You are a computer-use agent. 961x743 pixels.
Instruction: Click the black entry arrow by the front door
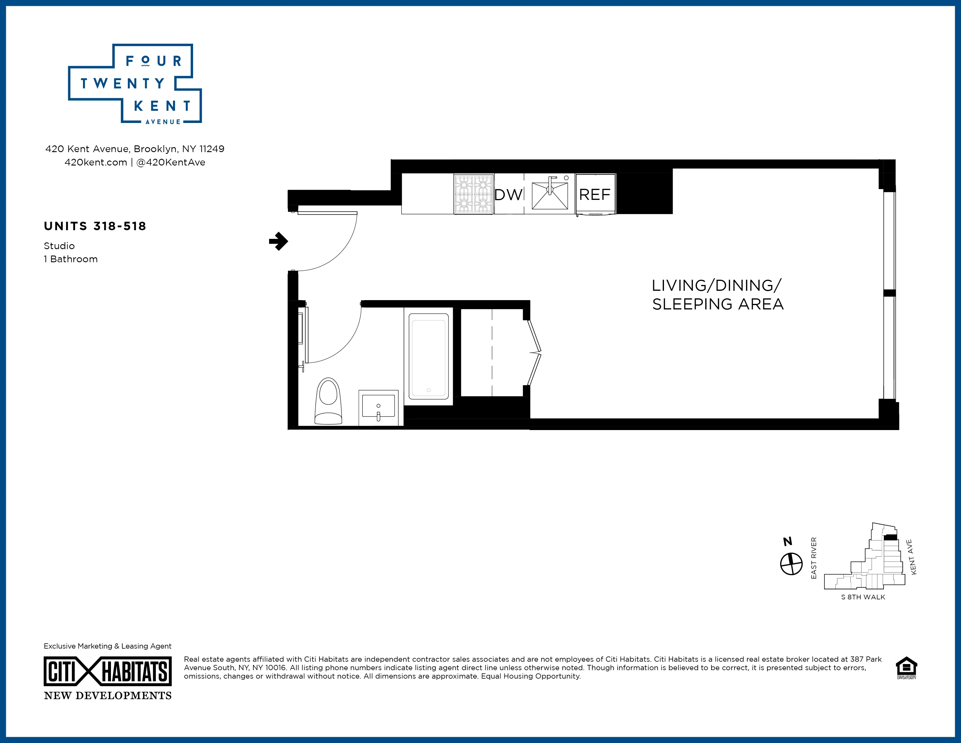[x=278, y=241]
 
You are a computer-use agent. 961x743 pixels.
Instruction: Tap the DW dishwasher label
[x=508, y=195]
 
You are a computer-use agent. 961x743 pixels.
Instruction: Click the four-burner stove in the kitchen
[x=474, y=194]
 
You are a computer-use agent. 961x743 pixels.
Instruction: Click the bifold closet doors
[x=534, y=352]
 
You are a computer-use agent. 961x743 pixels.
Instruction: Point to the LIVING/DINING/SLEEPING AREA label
[x=717, y=295]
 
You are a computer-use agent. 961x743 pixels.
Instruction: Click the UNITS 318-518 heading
[x=95, y=226]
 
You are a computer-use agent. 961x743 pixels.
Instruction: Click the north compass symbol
[x=791, y=564]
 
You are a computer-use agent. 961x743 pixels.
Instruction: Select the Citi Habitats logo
[x=108, y=672]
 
